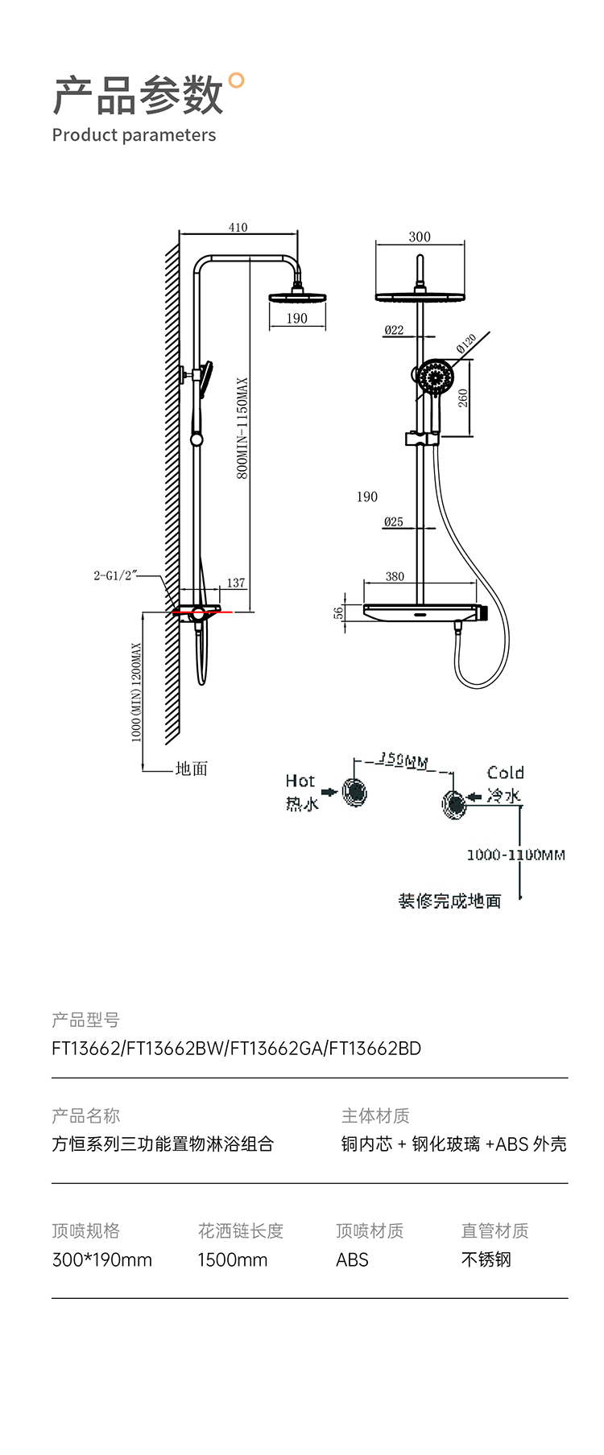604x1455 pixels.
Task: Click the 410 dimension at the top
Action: point(238,227)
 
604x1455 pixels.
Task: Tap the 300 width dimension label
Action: point(420,237)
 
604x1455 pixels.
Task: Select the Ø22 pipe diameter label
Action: point(394,330)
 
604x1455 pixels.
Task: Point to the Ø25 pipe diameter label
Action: point(394,521)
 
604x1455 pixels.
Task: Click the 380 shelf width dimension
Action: point(395,576)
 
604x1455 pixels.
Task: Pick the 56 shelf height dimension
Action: point(339,612)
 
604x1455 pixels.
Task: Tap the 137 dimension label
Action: point(236,583)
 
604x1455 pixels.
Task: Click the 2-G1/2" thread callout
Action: point(115,575)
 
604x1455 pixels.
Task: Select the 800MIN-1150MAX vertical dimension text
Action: point(242,428)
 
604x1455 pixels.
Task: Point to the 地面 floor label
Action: point(192,769)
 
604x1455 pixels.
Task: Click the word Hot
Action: point(300,781)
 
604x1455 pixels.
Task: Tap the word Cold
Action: point(506,773)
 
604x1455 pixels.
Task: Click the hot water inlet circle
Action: point(354,792)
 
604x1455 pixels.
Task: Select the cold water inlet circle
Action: point(453,802)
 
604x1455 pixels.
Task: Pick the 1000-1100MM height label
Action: point(515,855)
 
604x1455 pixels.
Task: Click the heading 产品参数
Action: point(137,96)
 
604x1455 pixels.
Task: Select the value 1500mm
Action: point(232,1259)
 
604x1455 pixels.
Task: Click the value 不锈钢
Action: point(486,1259)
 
